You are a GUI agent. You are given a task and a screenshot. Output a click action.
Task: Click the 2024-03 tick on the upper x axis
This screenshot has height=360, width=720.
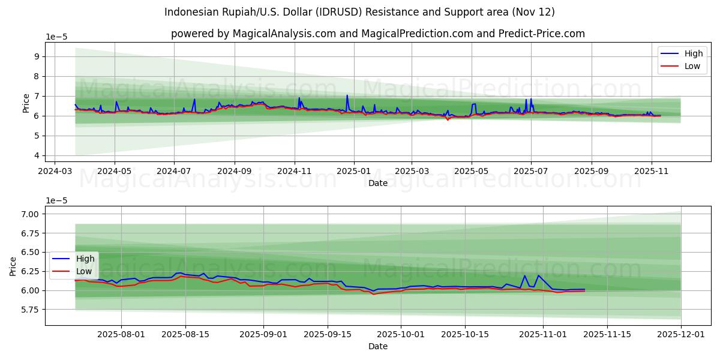pos(55,171)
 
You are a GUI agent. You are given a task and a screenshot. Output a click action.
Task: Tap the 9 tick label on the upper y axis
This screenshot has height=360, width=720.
pos(37,56)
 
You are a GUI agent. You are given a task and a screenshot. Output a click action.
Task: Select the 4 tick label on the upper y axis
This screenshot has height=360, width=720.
pos(37,155)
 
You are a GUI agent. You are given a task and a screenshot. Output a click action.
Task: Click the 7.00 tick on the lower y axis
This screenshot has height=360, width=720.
pos(30,214)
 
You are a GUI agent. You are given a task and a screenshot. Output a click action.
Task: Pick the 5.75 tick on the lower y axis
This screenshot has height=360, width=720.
pos(30,310)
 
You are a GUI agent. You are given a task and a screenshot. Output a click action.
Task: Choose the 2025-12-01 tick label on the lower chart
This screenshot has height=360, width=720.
pos(681,335)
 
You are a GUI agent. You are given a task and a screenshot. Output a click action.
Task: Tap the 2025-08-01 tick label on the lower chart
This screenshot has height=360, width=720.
pos(122,335)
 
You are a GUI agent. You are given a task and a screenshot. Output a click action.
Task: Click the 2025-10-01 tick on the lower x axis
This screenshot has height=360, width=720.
pos(401,335)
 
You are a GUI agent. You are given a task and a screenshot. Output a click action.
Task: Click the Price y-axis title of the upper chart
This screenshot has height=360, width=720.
pos(26,103)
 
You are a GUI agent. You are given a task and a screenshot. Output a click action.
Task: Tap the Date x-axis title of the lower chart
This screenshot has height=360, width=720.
pos(378,346)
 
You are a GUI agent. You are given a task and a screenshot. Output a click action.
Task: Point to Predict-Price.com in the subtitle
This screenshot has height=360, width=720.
pos(542,34)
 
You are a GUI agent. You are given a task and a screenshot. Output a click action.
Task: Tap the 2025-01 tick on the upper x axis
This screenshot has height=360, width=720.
pos(353,171)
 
